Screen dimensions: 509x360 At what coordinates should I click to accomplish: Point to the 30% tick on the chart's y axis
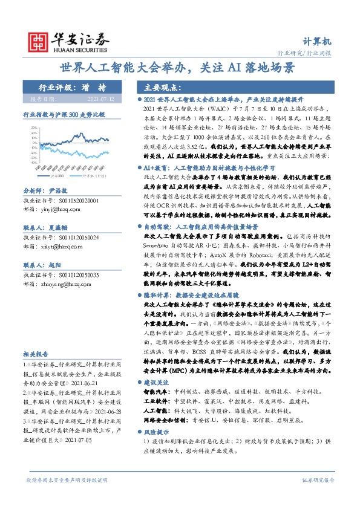[x=34, y=128]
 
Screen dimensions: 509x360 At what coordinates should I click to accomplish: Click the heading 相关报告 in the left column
[x=36, y=353]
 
